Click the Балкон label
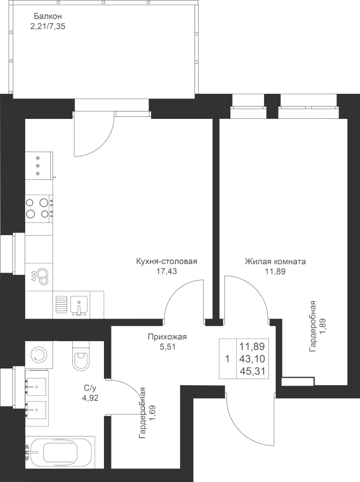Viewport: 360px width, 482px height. coord(48,16)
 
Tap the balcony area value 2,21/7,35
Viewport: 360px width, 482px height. coord(48,26)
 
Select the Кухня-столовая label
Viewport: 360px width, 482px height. coord(166,261)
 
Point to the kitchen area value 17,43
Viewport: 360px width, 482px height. coord(166,272)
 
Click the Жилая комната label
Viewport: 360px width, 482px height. coord(275,261)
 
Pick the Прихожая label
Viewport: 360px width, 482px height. coord(167,337)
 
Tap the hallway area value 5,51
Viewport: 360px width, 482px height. coord(167,347)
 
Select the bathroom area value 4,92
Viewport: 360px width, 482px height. coord(88,398)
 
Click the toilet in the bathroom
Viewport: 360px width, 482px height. coord(80,356)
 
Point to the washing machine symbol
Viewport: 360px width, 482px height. coord(38,353)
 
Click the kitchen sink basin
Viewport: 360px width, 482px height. coord(79,305)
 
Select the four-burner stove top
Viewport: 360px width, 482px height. coord(39,208)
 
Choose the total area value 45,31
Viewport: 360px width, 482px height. coord(252,372)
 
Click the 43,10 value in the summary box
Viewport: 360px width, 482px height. coord(252,359)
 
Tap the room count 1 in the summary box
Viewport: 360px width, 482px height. coord(227,359)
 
